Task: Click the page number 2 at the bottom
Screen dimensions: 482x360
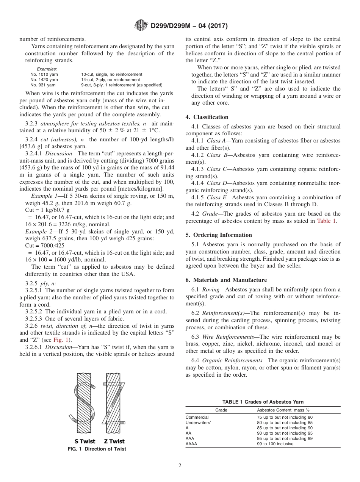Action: coord(180,466)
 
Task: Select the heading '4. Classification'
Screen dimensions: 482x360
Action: coord(207,117)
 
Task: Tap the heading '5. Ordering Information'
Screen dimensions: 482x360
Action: coord(219,235)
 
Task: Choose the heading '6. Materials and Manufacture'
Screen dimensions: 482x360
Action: coord(226,280)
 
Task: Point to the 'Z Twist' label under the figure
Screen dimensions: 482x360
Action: coord(114,441)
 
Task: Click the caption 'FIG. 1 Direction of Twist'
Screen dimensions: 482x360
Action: coord(97,449)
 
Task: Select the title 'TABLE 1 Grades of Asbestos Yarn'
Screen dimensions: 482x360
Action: coord(263,402)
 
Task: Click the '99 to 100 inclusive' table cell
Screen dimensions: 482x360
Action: coord(275,444)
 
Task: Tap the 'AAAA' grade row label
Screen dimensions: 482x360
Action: coord(191,444)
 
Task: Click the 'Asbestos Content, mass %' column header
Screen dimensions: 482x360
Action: coord(283,410)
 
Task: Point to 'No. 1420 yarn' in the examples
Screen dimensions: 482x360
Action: coord(44,80)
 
